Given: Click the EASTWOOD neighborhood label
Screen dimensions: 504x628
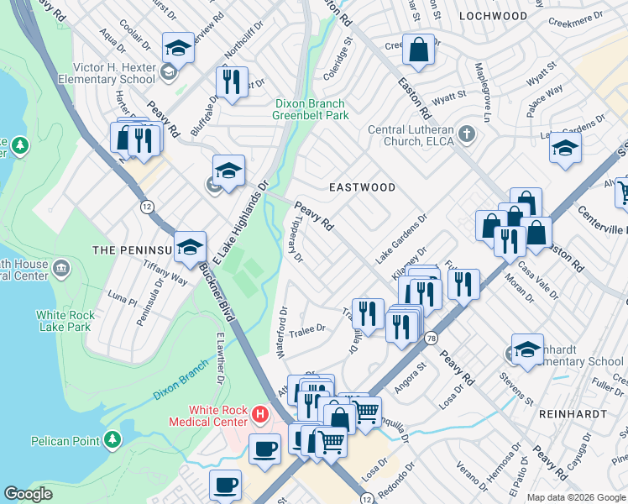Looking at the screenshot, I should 362,187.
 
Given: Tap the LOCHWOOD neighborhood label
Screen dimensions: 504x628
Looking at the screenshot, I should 494,16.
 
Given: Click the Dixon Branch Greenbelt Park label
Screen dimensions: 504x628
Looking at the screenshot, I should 311,109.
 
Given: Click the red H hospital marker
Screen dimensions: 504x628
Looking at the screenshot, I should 260,415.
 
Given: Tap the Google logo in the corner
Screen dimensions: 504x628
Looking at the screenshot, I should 28,494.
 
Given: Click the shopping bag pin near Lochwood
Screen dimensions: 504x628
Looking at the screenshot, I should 417,51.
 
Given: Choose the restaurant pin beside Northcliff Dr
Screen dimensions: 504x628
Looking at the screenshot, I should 230,82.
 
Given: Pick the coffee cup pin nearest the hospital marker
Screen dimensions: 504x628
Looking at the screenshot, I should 265,449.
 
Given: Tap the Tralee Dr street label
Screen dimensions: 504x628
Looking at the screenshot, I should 306,330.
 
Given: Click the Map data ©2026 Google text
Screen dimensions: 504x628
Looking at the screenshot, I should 575,497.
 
